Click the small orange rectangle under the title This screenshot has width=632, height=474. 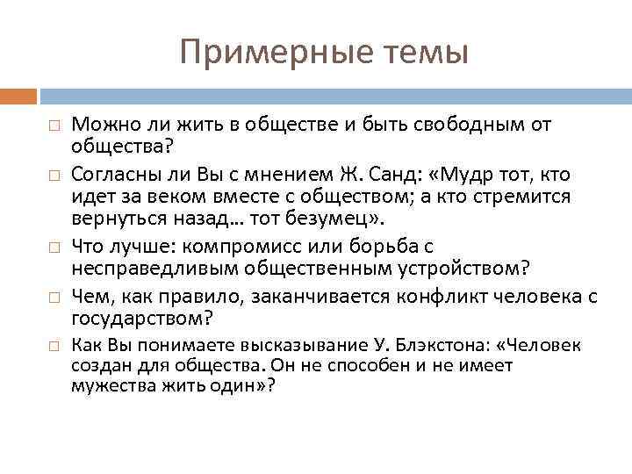coord(18,94)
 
